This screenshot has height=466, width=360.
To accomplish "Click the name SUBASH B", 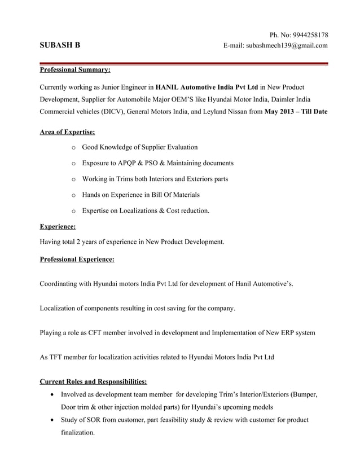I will tap(60, 46).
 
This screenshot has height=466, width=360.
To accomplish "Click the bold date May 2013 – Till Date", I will tap(296, 111).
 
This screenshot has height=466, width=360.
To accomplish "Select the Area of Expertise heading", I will tap(67, 132).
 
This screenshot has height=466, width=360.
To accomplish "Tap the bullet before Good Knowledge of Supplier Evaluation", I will tap(73, 147).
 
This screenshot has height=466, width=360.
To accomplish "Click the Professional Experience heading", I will tap(77, 260).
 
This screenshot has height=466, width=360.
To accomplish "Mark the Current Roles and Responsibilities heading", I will tap(93, 381).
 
